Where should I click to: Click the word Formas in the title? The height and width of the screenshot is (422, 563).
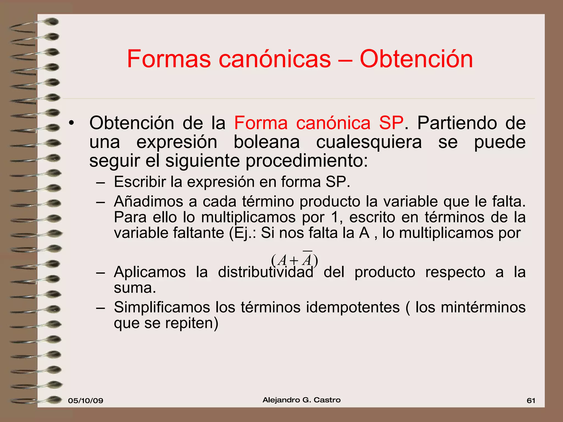(169, 59)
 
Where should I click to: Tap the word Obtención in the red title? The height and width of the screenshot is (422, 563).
(416, 59)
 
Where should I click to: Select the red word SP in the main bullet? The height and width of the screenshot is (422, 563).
(391, 123)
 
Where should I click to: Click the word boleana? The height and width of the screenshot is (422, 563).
(267, 142)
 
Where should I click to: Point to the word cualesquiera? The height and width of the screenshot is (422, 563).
(369, 142)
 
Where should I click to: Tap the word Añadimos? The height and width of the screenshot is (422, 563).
(148, 201)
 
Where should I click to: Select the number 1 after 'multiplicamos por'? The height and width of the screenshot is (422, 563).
(335, 217)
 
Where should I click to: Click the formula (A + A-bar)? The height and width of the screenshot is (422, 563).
(294, 260)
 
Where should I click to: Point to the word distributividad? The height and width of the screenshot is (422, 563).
(266, 272)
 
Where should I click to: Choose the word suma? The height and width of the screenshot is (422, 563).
(135, 288)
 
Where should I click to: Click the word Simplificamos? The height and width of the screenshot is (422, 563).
(162, 307)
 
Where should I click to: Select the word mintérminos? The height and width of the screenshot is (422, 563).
(483, 307)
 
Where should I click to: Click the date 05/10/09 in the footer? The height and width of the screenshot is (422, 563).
(85, 401)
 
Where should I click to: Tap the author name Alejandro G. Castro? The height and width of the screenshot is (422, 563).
(302, 400)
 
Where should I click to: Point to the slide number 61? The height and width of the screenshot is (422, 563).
(531, 401)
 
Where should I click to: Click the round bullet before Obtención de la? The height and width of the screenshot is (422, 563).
(71, 123)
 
